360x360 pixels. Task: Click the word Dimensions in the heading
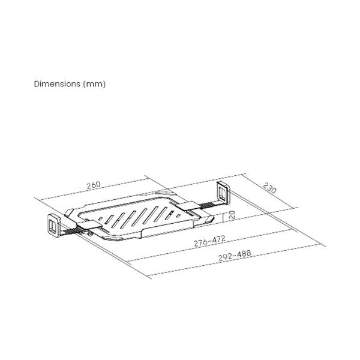[x=55, y=85]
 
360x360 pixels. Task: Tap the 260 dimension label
[x=93, y=185]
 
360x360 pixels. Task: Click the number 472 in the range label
[x=218, y=239]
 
